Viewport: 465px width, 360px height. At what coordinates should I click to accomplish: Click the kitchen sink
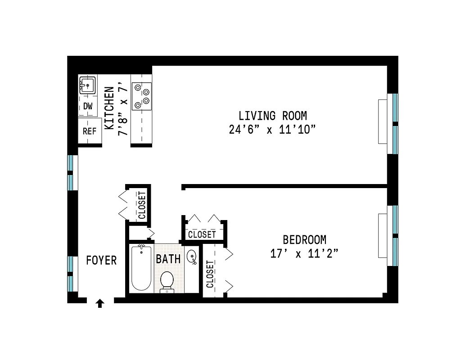pyautogui.click(x=88, y=85)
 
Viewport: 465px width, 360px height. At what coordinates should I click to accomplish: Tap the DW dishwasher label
pyautogui.click(x=88, y=106)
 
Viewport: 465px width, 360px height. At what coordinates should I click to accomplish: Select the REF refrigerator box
pyautogui.click(x=90, y=131)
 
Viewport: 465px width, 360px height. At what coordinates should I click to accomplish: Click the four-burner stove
pyautogui.click(x=141, y=96)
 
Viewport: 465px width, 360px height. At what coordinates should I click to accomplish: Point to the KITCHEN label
pyautogui.click(x=109, y=108)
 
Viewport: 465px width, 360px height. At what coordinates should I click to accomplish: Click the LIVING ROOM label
pyautogui.click(x=273, y=116)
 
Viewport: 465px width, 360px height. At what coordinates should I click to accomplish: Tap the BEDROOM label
pyautogui.click(x=304, y=239)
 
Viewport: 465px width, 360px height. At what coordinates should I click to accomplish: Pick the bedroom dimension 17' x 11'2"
pyautogui.click(x=304, y=254)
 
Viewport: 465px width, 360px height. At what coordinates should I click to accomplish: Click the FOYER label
pyautogui.click(x=101, y=260)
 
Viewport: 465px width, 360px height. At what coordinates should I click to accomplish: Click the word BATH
pyautogui.click(x=168, y=259)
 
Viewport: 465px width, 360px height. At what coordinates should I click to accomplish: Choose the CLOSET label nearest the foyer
pyautogui.click(x=142, y=205)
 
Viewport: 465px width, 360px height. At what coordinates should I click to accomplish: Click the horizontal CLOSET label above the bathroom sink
pyautogui.click(x=202, y=234)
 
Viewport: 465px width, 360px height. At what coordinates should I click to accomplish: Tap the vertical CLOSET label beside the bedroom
pyautogui.click(x=210, y=274)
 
